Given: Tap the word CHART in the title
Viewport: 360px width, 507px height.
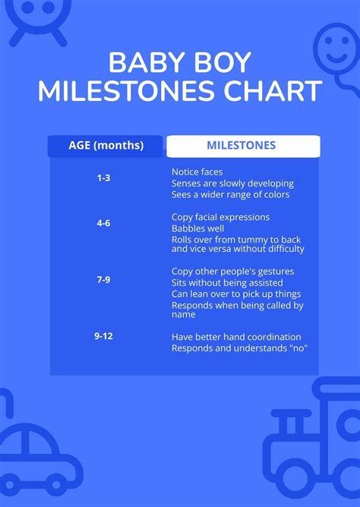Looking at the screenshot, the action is click(x=273, y=90).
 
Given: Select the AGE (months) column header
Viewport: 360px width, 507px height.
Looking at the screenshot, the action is click(x=106, y=146).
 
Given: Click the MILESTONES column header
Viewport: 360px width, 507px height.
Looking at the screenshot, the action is click(x=242, y=145).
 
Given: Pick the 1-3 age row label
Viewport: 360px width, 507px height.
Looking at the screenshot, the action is click(x=103, y=178).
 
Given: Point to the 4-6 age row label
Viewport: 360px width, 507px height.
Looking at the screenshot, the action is click(x=103, y=223).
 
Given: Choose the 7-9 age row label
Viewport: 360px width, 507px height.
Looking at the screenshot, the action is click(x=103, y=280).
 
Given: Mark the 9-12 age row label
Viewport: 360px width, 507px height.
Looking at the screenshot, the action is click(x=103, y=336).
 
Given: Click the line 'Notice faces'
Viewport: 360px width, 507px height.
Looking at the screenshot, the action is click(x=197, y=172).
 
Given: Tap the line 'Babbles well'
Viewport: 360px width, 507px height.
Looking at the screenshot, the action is click(x=197, y=228).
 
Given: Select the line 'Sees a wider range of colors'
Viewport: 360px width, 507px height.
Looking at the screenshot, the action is click(x=230, y=194).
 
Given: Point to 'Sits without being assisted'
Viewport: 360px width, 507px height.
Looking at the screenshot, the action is click(x=227, y=282).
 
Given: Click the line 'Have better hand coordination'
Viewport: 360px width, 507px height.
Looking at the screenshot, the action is click(x=236, y=337).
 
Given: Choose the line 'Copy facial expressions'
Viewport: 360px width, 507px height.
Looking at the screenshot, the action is click(x=220, y=217).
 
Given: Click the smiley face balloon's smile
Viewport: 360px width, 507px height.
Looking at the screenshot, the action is click(x=336, y=58).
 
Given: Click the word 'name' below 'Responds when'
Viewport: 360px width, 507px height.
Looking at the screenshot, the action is click(x=183, y=315).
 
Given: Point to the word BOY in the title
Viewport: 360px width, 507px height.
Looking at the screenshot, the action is click(x=223, y=62).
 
